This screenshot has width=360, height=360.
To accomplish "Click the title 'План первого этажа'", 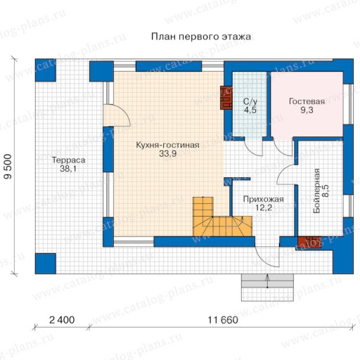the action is click(201, 37).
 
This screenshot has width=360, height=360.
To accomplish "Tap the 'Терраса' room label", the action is click(68, 160).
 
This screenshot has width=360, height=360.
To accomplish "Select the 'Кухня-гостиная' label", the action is click(167, 145).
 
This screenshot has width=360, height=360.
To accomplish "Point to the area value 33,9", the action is click(167, 154).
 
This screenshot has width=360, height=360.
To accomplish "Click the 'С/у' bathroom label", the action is click(250, 101).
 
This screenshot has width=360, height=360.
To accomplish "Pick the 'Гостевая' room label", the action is click(307, 101).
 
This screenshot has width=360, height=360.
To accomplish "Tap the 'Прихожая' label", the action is click(264, 199).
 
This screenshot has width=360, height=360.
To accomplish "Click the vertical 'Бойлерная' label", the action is click(316, 191).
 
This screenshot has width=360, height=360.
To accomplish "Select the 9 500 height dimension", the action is click(8, 167).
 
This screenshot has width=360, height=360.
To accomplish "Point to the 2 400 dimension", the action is click(62, 320).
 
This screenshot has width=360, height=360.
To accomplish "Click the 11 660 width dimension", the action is click(223, 320).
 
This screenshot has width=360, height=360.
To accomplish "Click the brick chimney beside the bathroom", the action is click(226, 98).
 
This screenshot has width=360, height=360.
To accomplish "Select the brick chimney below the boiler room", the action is click(309, 242).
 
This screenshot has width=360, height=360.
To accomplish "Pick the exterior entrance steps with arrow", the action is click(267, 288).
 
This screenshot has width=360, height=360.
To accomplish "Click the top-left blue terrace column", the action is click(46, 70).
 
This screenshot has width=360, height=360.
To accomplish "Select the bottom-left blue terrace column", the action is click(46, 264).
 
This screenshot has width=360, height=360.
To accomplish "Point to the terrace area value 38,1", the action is click(68, 169).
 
